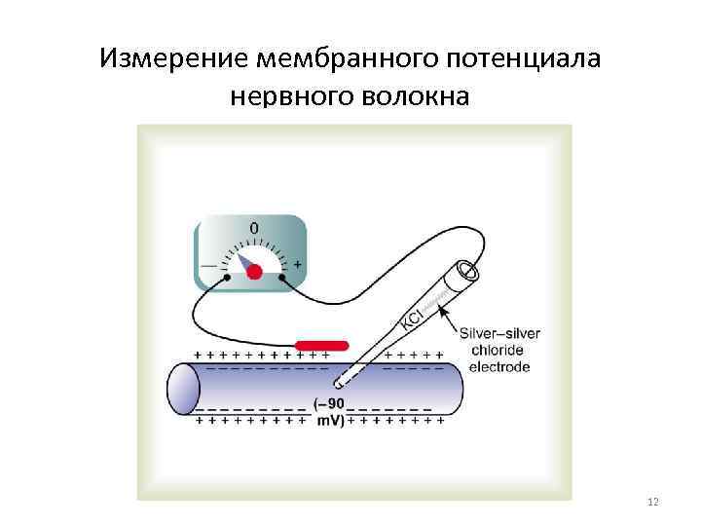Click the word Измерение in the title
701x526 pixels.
[173, 58]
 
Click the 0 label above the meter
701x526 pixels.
[254, 228]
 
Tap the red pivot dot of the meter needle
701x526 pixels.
[254, 272]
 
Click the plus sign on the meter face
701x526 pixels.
[297, 264]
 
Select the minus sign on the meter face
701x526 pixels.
[208, 265]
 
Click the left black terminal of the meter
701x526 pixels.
[227, 278]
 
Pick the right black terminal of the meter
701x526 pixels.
[282, 278]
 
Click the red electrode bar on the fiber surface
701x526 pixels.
[321, 345]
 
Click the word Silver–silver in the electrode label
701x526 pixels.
[498, 334]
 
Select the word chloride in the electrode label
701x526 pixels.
[498, 351]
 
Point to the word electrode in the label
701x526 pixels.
[499, 367]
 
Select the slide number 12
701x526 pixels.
[652, 501]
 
